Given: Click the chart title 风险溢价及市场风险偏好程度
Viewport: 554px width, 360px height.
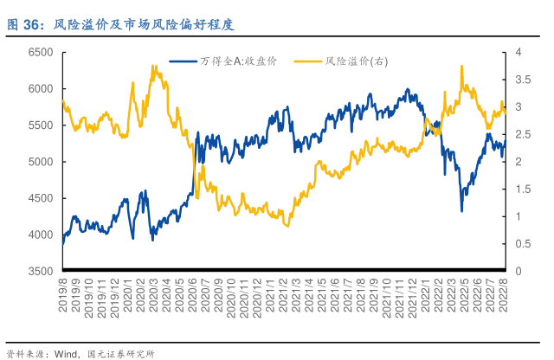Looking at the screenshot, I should (144, 24).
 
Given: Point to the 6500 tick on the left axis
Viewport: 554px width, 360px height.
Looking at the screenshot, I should (41, 53).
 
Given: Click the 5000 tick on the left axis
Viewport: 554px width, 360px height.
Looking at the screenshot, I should (41, 162).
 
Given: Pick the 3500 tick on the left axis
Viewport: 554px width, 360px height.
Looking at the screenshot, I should (41, 272).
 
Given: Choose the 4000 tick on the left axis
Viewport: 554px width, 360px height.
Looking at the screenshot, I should (41, 235).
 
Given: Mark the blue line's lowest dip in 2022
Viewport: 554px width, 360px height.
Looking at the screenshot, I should (462, 210).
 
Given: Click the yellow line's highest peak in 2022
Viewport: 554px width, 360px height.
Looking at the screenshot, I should (462, 66).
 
